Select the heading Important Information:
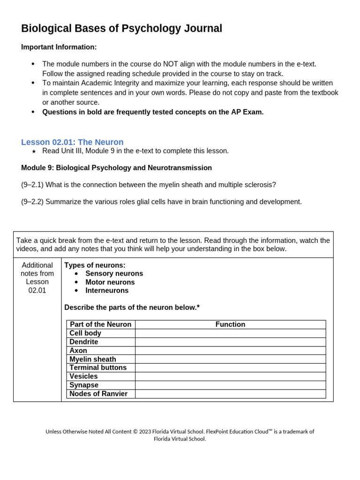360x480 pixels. click(x=59, y=47)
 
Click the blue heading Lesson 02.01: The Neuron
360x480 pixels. click(x=72, y=142)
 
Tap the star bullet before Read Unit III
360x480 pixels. click(x=33, y=151)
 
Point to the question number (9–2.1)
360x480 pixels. click(x=32, y=185)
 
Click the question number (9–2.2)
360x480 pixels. click(x=32, y=202)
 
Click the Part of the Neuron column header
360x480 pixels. click(x=101, y=324)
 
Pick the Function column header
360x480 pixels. click(x=230, y=324)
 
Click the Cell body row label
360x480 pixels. click(x=85, y=333)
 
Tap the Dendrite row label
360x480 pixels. click(x=84, y=342)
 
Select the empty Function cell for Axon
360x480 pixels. click(x=230, y=351)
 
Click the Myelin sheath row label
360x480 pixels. click(x=93, y=359)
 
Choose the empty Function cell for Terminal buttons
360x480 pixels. click(x=230, y=367)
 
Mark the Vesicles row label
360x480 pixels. click(x=84, y=376)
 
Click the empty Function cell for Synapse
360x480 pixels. click(x=230, y=385)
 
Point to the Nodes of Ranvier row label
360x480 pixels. click(x=98, y=394)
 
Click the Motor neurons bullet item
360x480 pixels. click(x=110, y=282)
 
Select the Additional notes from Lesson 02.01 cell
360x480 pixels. click(x=37, y=277)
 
